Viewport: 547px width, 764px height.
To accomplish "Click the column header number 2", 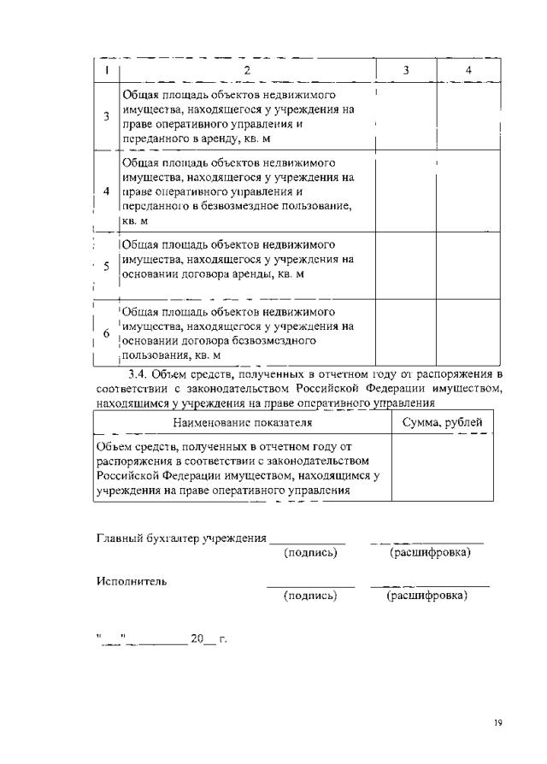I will [247, 70].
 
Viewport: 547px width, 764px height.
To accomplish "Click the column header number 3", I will [406, 70].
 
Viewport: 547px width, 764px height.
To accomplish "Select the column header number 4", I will [468, 70].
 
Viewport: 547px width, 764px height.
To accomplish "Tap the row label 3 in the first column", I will [106, 116].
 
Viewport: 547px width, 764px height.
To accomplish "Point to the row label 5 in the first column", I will [106, 266].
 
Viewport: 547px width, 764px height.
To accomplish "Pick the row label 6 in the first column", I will [106, 334].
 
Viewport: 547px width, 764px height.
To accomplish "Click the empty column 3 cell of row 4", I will [406, 192].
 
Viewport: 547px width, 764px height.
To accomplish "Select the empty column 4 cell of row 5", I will [468, 266].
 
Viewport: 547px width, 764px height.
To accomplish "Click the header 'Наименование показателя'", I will [242, 422].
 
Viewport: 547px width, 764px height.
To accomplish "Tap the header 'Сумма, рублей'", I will [442, 422].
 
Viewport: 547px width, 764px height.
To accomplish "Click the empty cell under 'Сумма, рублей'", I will [442, 468].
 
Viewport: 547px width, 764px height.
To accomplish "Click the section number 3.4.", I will [138, 374].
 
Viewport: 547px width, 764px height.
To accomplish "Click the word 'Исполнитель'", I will [132, 581].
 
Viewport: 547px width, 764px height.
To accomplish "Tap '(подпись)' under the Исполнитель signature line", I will [310, 595].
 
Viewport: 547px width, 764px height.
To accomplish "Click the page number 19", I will [497, 723].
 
